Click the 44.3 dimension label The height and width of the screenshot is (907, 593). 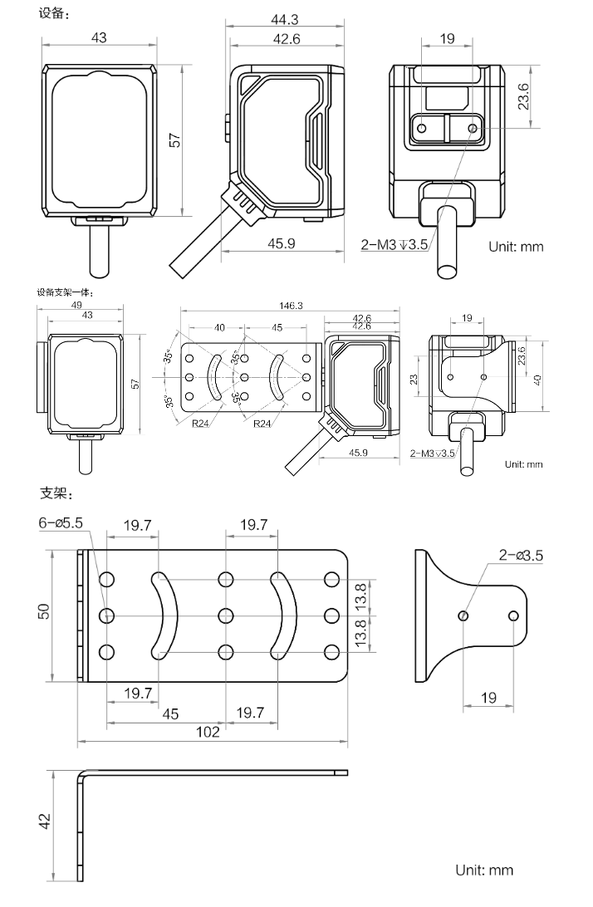click(x=285, y=18)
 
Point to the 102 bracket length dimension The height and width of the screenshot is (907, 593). click(x=208, y=732)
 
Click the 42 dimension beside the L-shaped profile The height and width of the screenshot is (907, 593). click(x=45, y=821)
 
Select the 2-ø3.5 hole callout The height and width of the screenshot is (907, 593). click(x=521, y=556)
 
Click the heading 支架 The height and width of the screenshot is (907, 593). click(x=57, y=494)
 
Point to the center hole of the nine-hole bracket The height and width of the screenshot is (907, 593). click(x=224, y=615)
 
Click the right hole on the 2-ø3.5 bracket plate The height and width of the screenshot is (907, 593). click(x=514, y=615)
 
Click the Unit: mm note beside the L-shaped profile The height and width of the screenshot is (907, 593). click(x=484, y=870)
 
